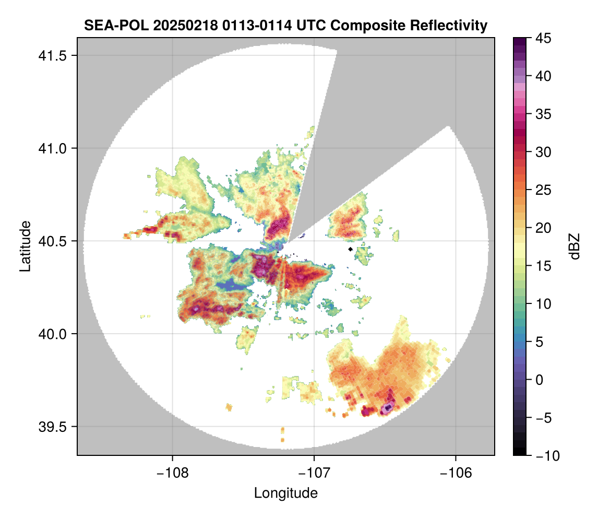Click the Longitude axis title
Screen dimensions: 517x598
click(x=286, y=492)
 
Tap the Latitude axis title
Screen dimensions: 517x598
click(x=25, y=245)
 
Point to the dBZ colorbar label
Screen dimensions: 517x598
click(x=575, y=246)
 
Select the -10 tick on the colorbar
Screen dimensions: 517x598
click(x=543, y=455)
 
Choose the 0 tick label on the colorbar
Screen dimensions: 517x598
click(x=538, y=380)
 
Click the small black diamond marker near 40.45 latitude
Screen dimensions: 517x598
click(x=351, y=249)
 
